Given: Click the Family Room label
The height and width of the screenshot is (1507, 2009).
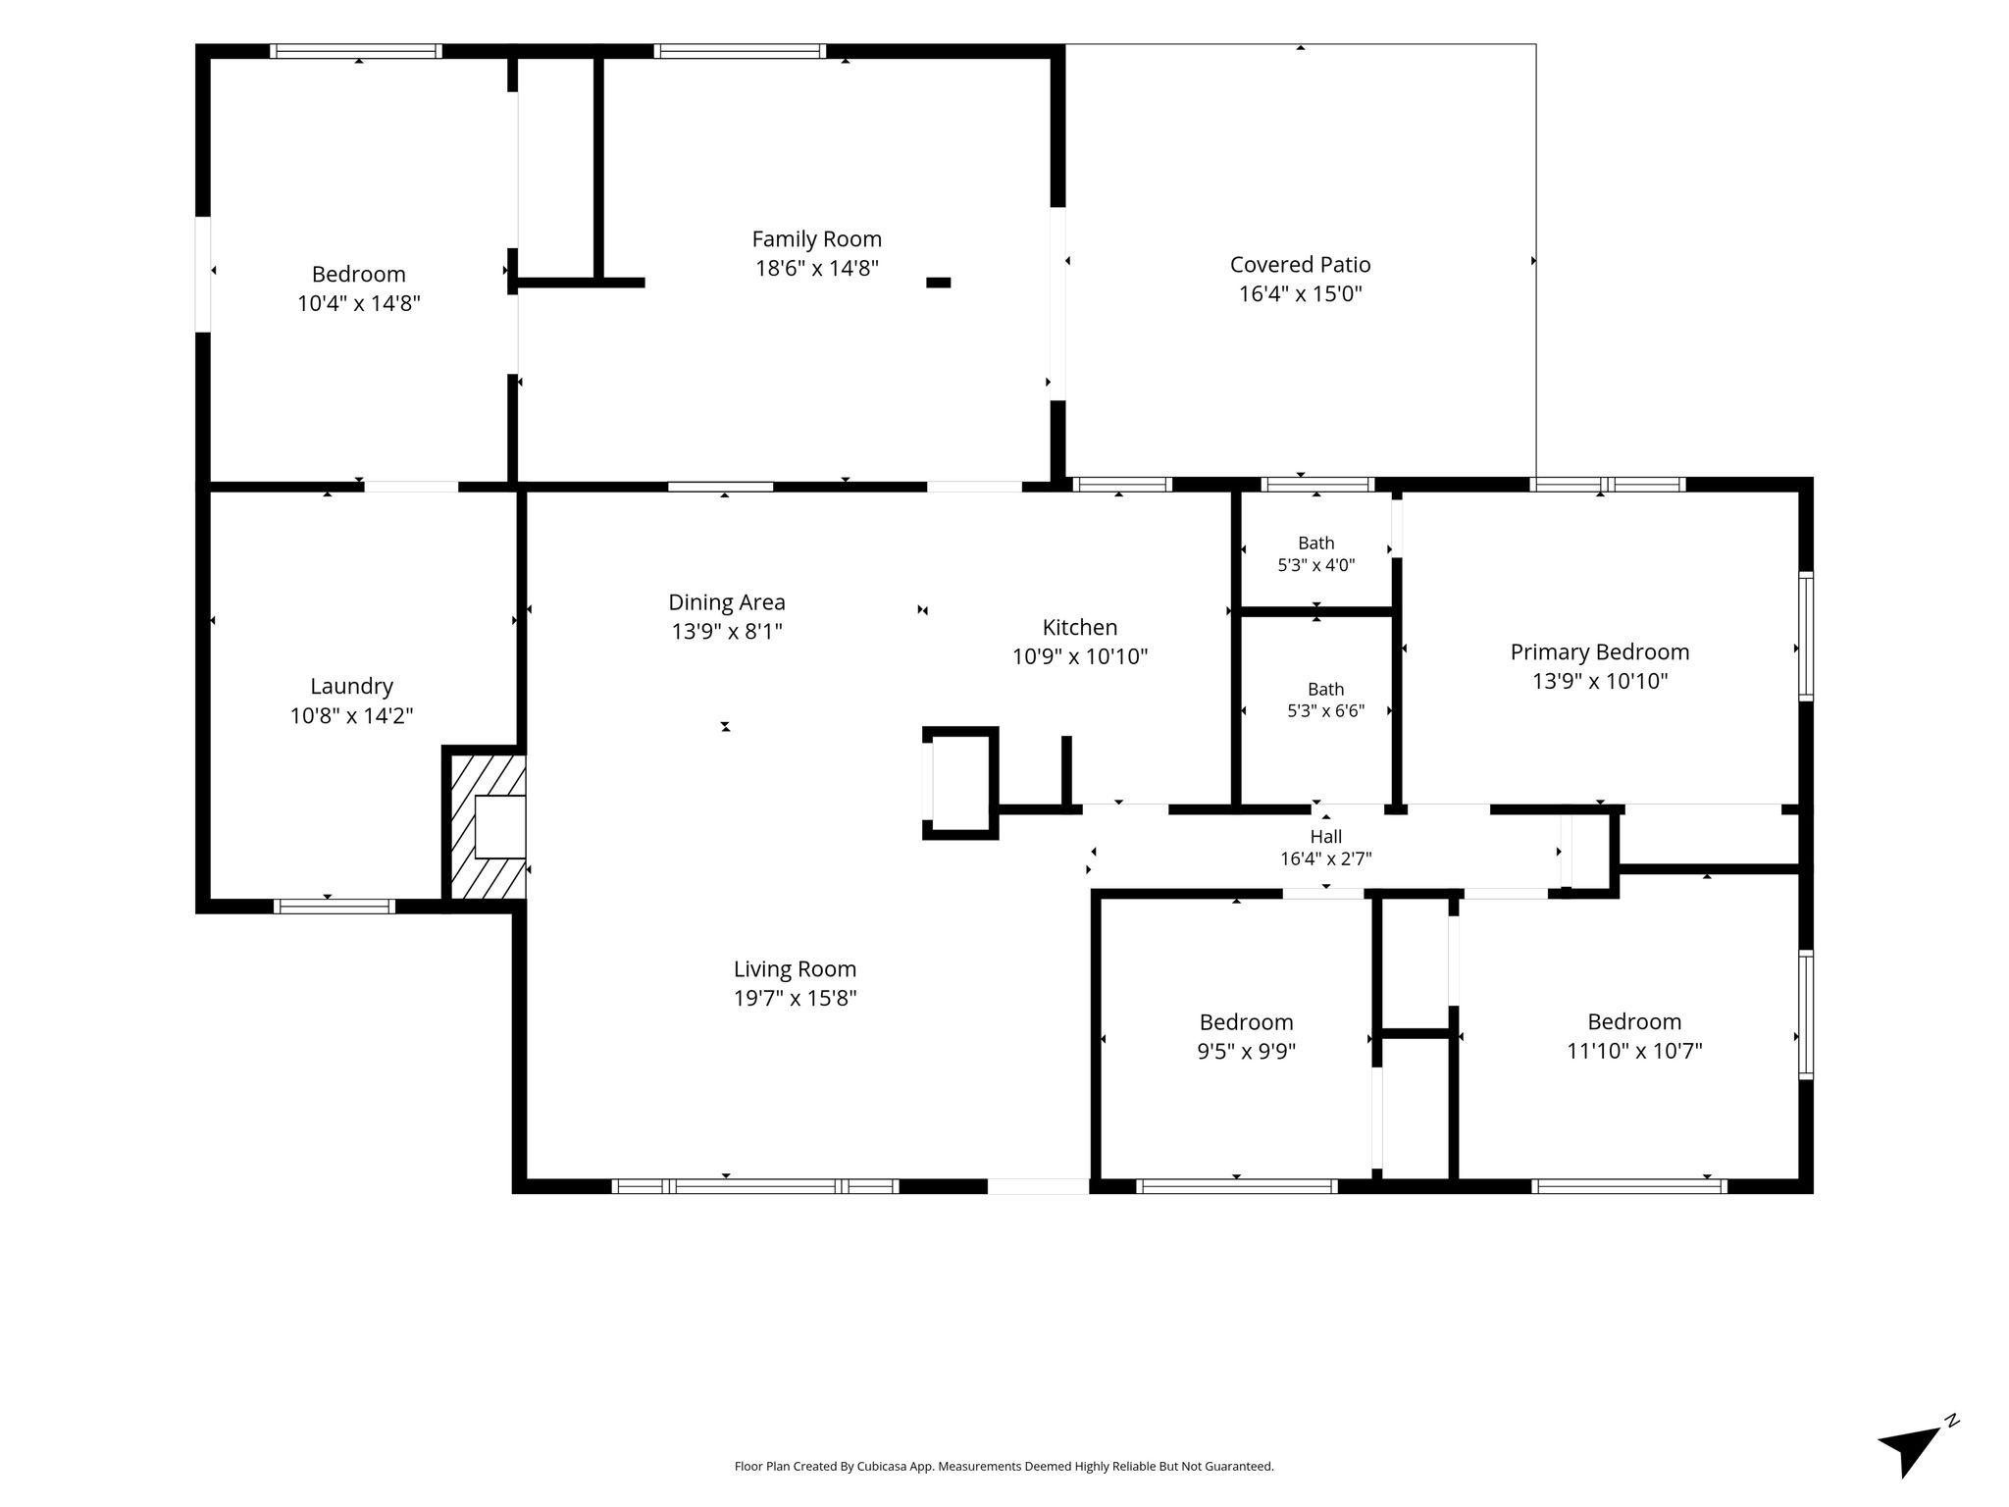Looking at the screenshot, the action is coord(816,239).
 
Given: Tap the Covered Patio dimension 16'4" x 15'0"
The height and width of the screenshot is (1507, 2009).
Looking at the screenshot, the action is coord(1300,293).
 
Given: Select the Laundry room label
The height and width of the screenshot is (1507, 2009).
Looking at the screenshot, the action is coord(351,687).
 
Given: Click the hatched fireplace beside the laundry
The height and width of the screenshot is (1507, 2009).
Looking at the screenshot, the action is coord(488,826).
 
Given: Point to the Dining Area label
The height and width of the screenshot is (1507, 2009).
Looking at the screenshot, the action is coord(726,602).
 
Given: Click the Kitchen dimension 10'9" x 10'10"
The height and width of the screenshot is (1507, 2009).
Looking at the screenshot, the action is coord(1079,656).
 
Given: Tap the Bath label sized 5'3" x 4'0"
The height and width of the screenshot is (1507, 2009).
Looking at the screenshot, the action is coord(1315,544).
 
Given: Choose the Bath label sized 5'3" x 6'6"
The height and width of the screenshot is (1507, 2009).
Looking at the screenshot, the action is coord(1325,690).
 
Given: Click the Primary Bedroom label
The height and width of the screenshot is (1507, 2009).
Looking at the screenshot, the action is coord(1599,652).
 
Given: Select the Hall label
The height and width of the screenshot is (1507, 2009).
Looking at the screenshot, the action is coord(1325,837).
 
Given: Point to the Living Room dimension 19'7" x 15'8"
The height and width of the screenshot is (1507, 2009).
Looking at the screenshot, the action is coord(795,998).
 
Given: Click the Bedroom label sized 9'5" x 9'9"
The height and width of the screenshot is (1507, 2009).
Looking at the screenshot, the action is coord(1246,1022).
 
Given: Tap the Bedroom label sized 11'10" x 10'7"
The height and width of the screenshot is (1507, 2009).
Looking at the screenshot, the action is coord(1634,1021).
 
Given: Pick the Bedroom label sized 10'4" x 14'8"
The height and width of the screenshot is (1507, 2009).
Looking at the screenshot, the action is coord(358,274).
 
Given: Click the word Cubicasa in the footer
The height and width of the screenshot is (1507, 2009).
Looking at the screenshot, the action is coord(880,1467).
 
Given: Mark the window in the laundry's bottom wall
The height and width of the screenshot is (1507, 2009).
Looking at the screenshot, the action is coord(334,907).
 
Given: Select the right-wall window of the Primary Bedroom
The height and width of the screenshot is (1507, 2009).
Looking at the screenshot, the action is coord(1805,636).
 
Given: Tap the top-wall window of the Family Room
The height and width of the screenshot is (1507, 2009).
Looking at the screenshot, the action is coord(739,51).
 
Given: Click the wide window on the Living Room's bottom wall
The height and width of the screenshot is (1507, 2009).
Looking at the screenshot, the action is coord(754,1186).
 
